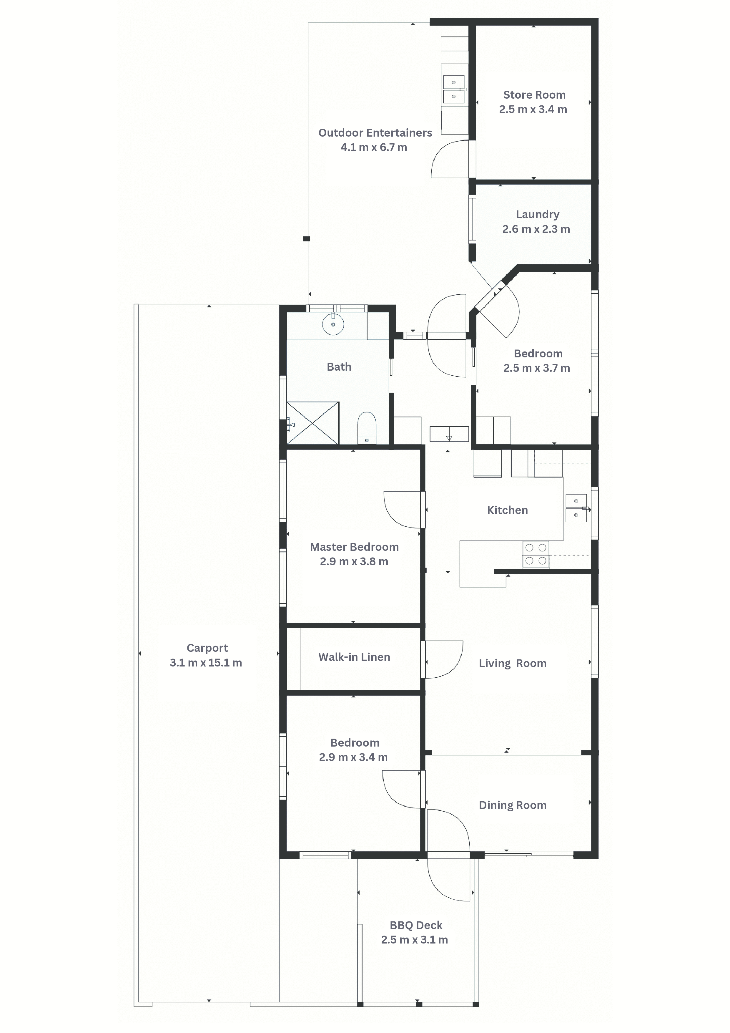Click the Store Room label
click(x=534, y=95)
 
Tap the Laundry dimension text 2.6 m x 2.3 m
click(x=536, y=229)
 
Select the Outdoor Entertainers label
click(x=375, y=133)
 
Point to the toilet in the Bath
click(x=367, y=427)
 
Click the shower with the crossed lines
click(x=312, y=423)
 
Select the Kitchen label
click(x=507, y=510)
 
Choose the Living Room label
click(x=513, y=663)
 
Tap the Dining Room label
click(x=513, y=805)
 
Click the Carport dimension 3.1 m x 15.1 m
click(x=206, y=663)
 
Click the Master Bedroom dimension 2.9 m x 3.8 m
click(x=354, y=561)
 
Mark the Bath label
click(x=339, y=367)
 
